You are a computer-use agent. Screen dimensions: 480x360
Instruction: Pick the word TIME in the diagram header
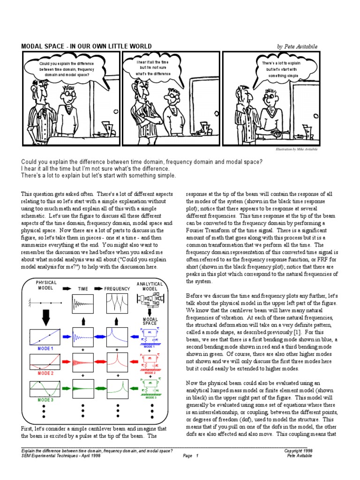pyautogui.click(x=83, y=289)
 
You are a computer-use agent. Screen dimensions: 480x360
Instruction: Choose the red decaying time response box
pyautogui.click(x=82, y=362)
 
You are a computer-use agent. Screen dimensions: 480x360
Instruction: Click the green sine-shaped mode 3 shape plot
pyautogui.click(x=45, y=388)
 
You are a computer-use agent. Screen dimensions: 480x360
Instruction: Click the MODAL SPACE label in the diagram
pyautogui.click(x=150, y=322)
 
